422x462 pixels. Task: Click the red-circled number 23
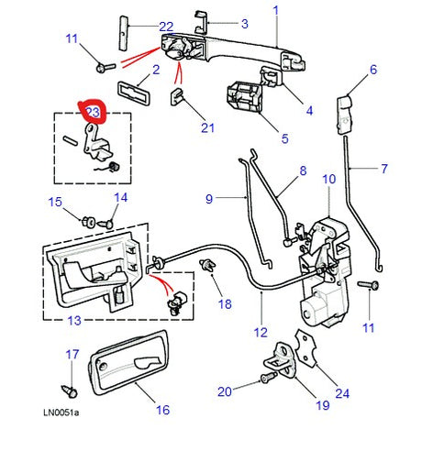[x=93, y=113]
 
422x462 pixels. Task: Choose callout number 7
[x=384, y=169]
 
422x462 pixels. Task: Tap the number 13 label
[x=74, y=320]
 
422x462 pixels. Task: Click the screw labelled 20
[x=267, y=377]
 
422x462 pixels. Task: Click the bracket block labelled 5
[x=241, y=98]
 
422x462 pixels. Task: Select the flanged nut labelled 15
[x=90, y=221]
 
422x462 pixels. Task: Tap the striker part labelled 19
[x=287, y=360]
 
